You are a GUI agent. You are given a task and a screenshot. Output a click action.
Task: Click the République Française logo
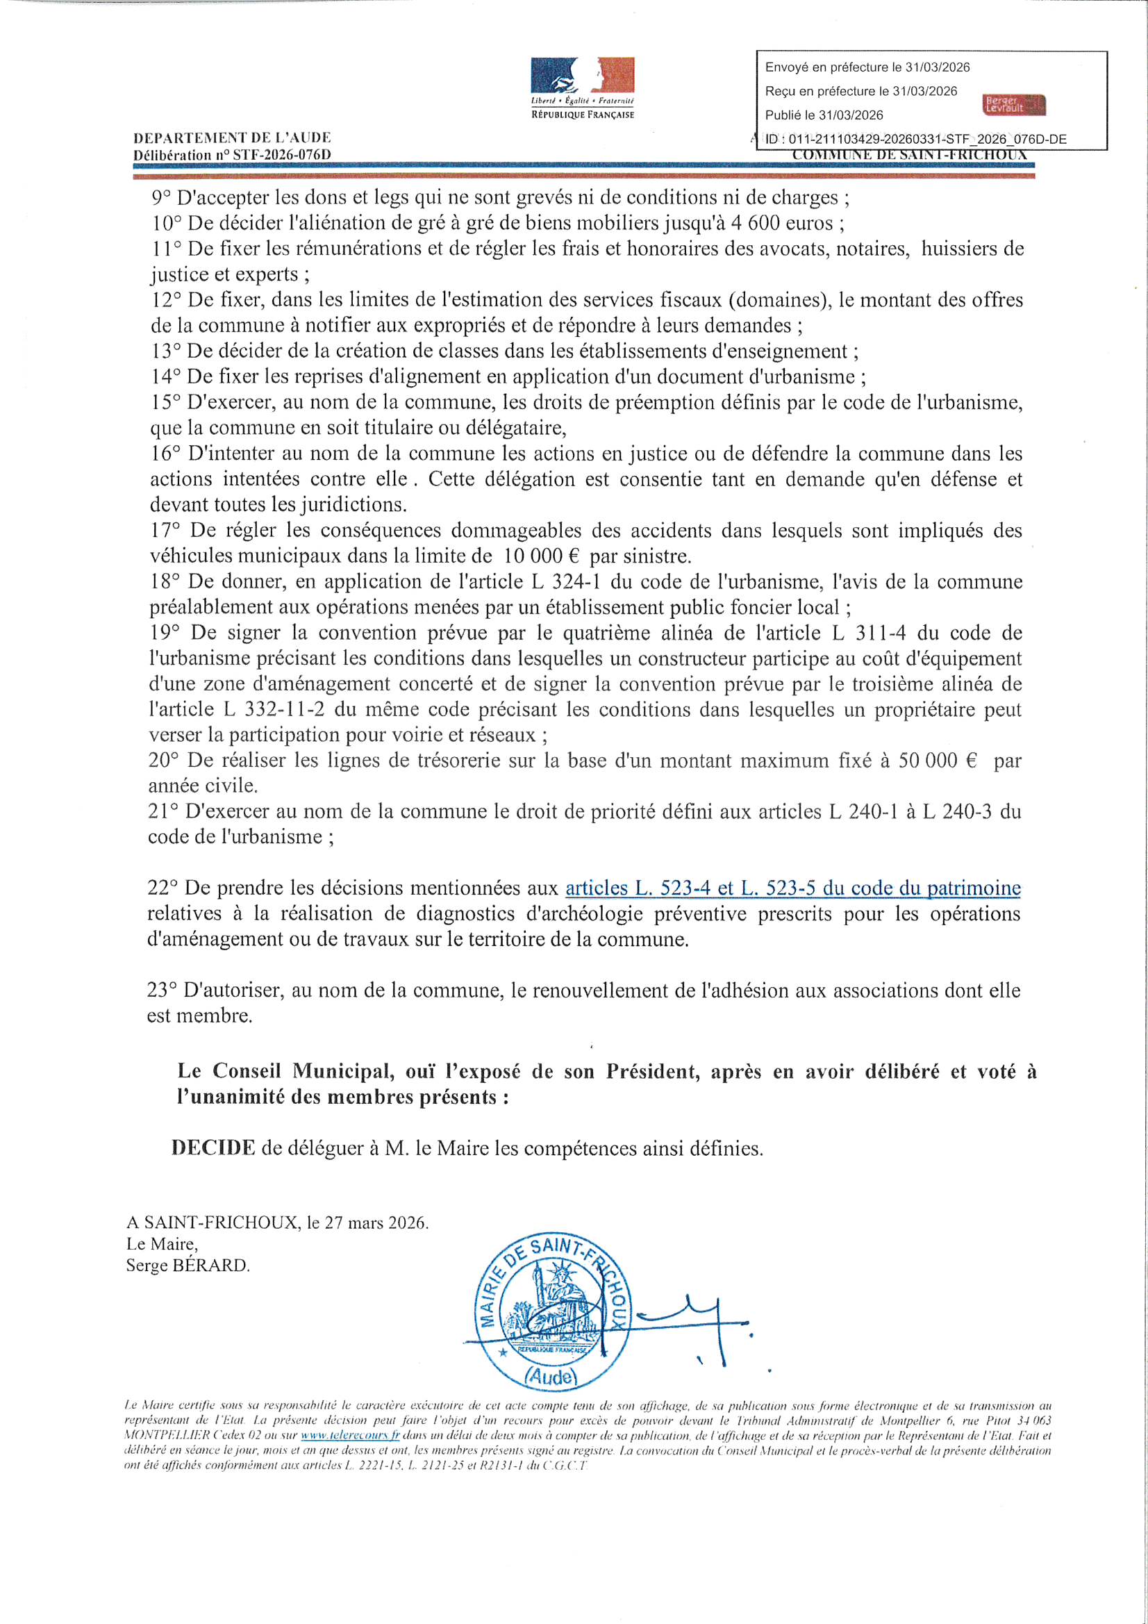click(x=582, y=87)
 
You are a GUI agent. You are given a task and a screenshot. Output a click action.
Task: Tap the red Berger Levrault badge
click(x=1015, y=105)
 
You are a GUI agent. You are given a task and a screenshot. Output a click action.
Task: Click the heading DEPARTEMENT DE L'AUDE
click(x=231, y=138)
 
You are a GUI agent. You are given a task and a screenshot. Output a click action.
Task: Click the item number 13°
click(x=166, y=351)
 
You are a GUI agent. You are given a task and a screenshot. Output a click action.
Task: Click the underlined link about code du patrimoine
click(x=792, y=888)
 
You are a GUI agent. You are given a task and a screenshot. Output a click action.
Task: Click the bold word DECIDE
click(x=213, y=1147)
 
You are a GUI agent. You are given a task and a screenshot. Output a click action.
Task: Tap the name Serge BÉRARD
click(x=188, y=1266)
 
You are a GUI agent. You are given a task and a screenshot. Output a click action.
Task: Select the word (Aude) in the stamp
click(x=551, y=1376)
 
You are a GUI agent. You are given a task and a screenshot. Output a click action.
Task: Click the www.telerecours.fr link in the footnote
click(x=350, y=1436)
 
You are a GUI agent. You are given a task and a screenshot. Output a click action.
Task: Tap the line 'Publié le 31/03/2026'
click(x=824, y=115)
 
